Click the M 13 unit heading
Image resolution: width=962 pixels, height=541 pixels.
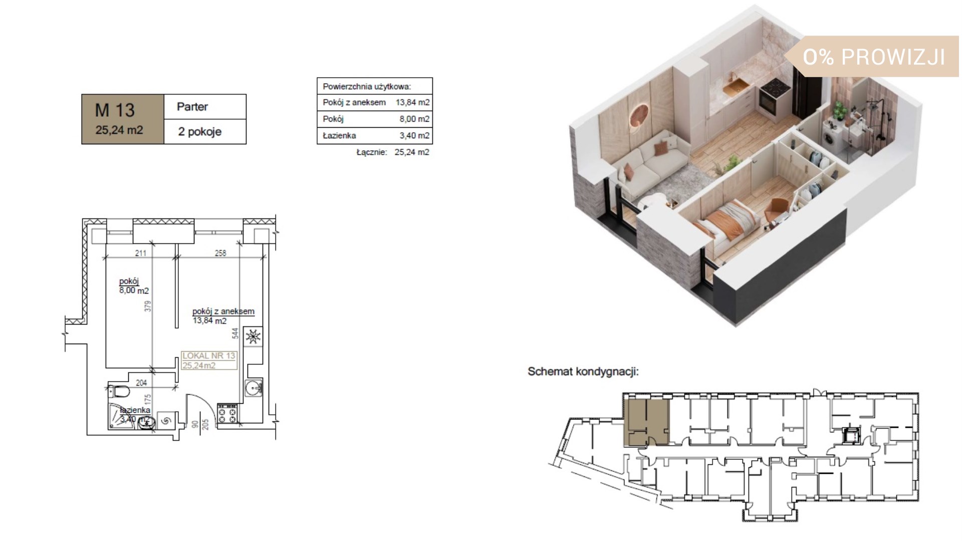click(115, 110)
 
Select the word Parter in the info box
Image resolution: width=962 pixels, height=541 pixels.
click(192, 107)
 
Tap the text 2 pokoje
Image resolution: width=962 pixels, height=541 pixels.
click(199, 132)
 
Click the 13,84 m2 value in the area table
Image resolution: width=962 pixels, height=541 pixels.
click(412, 102)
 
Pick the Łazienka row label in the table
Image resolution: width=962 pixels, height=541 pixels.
click(339, 135)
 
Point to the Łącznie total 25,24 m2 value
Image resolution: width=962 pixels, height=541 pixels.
click(412, 152)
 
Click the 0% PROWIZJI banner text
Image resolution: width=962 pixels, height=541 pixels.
click(874, 57)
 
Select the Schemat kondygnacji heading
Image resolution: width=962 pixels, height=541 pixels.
click(583, 372)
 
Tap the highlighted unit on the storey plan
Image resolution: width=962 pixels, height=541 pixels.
click(646, 422)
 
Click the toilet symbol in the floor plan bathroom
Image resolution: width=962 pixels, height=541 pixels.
click(119, 391)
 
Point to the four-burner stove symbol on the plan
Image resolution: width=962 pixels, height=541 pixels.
click(227, 414)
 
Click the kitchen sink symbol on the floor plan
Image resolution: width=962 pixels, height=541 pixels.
click(253, 388)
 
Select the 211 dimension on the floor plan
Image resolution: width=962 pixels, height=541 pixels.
click(140, 253)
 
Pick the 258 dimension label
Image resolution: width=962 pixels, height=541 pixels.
click(220, 253)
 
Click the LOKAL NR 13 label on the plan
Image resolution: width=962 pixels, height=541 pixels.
click(208, 356)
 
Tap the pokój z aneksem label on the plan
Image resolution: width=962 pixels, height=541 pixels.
click(223, 311)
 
